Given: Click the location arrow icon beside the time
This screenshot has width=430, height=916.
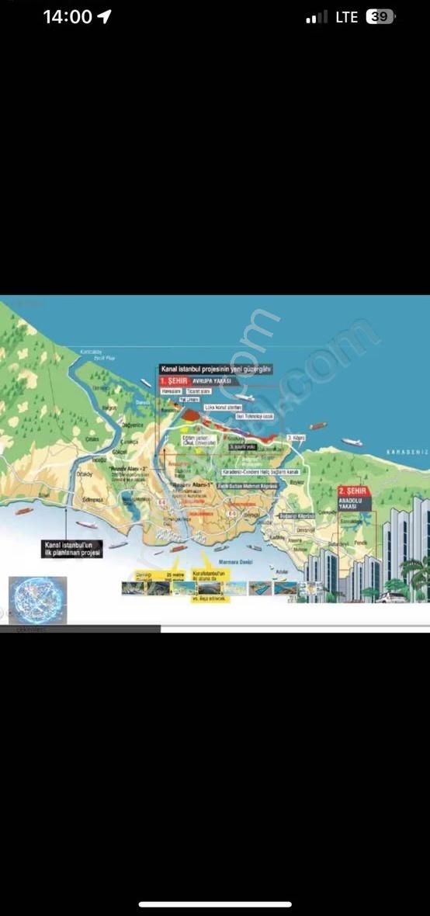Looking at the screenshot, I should (x=104, y=17).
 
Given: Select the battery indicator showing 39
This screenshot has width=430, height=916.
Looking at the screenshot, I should (x=380, y=17).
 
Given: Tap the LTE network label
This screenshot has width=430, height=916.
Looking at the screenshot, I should (x=346, y=17).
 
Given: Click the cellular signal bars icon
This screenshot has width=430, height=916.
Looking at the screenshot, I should (x=316, y=17).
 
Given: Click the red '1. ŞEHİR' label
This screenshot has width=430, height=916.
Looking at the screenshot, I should (x=173, y=382).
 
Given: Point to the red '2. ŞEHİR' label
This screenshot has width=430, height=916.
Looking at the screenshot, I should (x=354, y=491).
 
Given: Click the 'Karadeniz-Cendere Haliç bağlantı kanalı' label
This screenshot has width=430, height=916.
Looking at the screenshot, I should (x=260, y=472).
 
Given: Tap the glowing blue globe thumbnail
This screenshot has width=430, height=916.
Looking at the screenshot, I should (x=37, y=599).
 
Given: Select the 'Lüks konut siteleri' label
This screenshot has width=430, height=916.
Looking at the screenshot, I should (x=220, y=407).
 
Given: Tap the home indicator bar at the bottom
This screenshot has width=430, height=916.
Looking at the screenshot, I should (x=215, y=904).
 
